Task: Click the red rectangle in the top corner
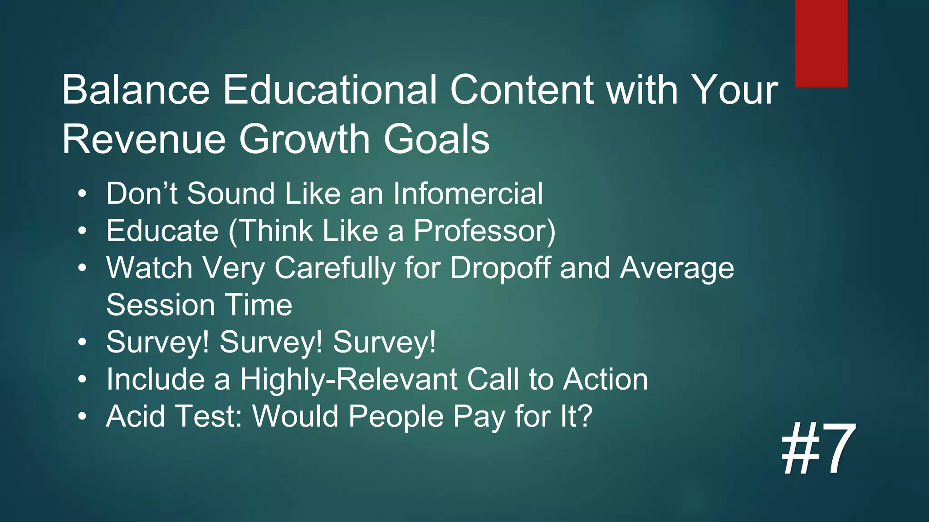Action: click(x=821, y=43)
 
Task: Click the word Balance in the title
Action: click(x=136, y=90)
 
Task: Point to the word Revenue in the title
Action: click(x=144, y=140)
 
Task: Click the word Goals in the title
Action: click(x=436, y=140)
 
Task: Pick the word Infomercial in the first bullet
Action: click(x=468, y=194)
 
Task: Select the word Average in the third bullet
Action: click(x=676, y=268)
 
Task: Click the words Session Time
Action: click(x=199, y=305)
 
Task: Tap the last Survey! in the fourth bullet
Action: click(x=384, y=343)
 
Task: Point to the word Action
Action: click(x=605, y=380)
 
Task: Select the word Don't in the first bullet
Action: click(x=142, y=194)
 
